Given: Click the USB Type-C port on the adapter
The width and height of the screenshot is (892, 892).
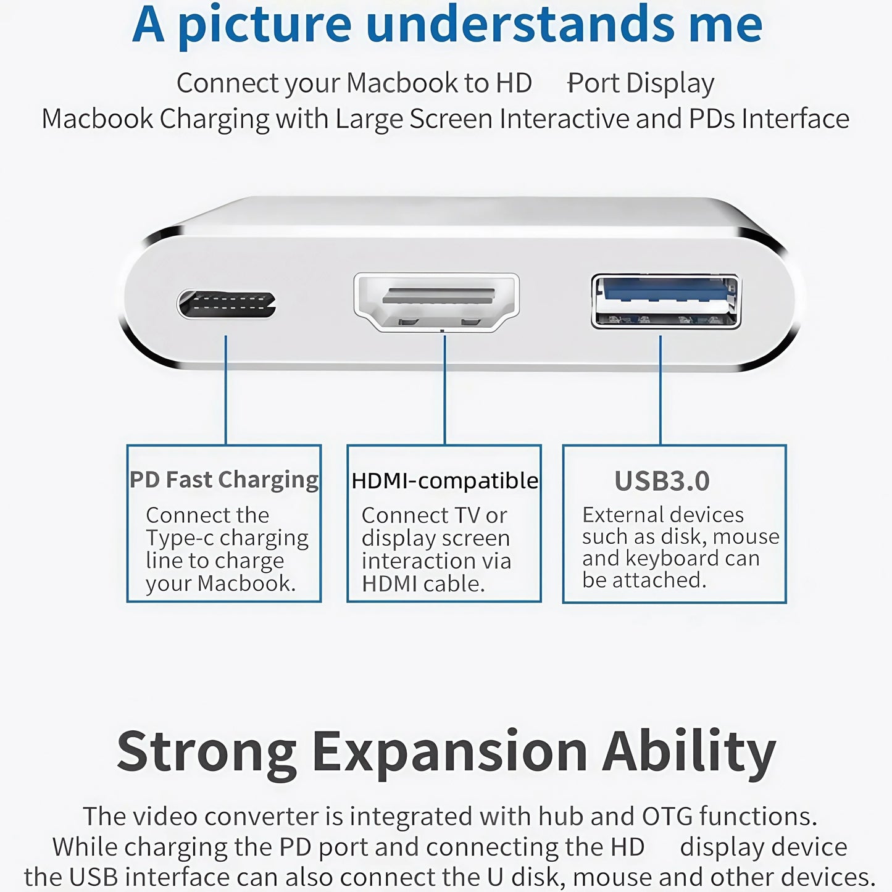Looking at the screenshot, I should (227, 304).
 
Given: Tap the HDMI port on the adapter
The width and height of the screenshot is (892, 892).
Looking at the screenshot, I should (436, 301).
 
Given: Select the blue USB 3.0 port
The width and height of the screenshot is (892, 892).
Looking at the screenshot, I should (665, 301).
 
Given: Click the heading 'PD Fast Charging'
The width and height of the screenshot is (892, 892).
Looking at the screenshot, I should (224, 480).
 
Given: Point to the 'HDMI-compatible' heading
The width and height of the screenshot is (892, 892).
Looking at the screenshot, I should (444, 480).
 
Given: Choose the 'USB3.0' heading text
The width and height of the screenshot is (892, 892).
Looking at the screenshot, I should (662, 481).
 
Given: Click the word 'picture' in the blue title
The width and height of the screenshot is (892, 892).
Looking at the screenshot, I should (264, 25).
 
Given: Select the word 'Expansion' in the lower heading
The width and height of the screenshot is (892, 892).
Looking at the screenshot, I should (449, 751).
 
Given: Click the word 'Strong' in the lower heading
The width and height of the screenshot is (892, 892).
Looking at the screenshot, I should (207, 751).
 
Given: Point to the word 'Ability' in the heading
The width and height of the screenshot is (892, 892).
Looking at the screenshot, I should (689, 751).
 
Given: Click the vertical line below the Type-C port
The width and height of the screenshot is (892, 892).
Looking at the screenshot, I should (226, 389).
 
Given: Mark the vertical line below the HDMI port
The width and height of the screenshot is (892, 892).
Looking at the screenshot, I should (444, 389).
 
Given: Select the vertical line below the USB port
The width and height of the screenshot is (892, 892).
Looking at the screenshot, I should (661, 389).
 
